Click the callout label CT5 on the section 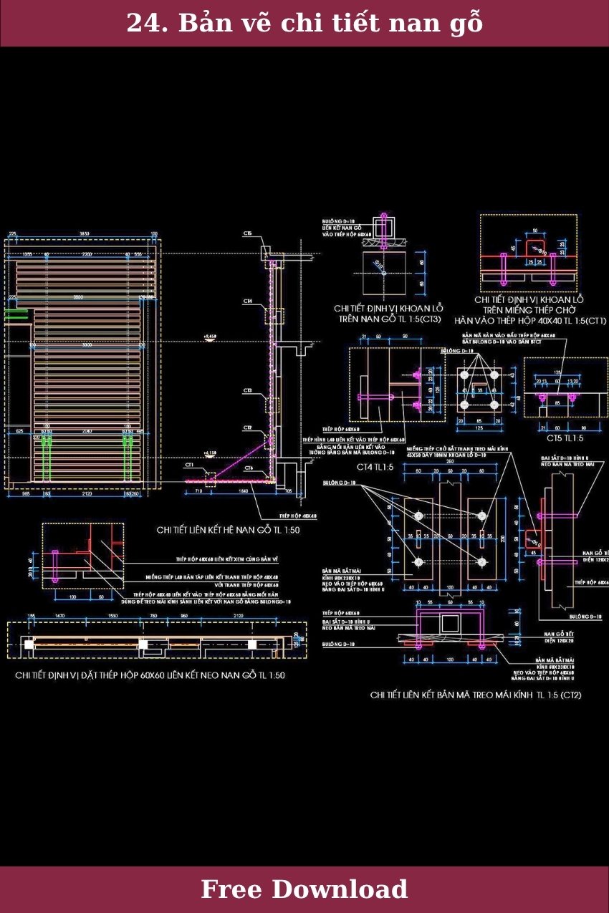click(x=247, y=233)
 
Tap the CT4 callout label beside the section click(x=247, y=301)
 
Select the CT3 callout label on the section click(x=247, y=391)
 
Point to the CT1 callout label click(x=190, y=465)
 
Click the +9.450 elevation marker click(x=210, y=335)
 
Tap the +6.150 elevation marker click(x=210, y=453)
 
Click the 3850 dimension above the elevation click(x=84, y=234)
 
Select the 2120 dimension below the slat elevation click(x=86, y=494)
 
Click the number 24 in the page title click(x=141, y=24)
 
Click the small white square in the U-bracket click(x=449, y=623)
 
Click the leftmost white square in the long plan click(x=28, y=644)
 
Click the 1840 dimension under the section click(x=244, y=491)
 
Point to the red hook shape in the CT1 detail click(x=533, y=248)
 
